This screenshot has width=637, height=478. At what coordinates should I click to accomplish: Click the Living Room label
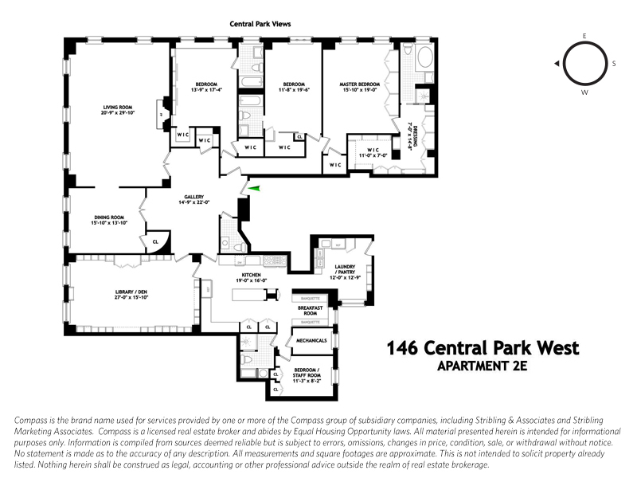(x=116, y=111)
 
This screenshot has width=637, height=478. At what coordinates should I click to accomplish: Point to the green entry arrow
(x=254, y=188)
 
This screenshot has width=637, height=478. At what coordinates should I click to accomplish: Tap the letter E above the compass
(x=584, y=37)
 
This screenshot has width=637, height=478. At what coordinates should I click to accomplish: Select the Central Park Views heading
(x=260, y=25)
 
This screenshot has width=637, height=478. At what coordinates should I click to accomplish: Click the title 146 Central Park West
(x=483, y=349)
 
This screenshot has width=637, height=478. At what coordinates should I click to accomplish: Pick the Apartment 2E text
(x=483, y=366)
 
